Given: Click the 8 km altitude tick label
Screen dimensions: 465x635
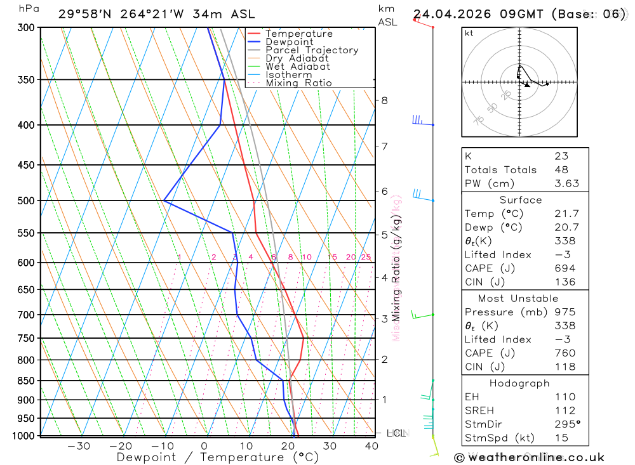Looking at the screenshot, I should click(x=384, y=100).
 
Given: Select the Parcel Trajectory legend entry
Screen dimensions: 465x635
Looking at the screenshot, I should click(x=311, y=50).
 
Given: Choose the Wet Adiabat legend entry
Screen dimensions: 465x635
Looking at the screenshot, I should click(x=297, y=67).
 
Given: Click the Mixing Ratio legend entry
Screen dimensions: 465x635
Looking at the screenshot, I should click(x=298, y=83).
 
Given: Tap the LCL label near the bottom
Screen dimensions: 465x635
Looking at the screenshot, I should click(x=396, y=433).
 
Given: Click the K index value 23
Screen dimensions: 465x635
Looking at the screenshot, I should click(x=561, y=156).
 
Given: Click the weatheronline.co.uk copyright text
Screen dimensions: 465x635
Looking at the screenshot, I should click(x=529, y=457).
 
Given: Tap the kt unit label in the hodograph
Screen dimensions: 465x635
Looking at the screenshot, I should click(x=469, y=33).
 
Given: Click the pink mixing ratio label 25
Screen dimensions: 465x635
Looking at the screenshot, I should click(x=366, y=257).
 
